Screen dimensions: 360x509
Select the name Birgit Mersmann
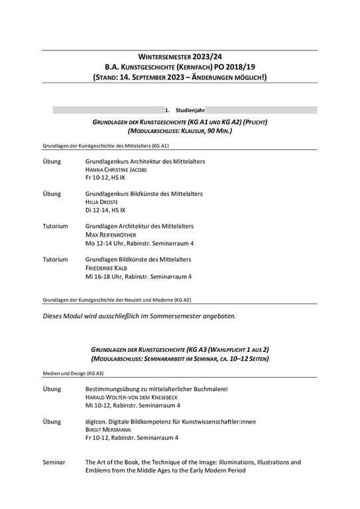pyautogui.click(x=110, y=429)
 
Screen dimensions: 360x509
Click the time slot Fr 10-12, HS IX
pyautogui.click(x=104, y=178)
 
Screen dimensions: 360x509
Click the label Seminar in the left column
pyautogui.click(x=54, y=462)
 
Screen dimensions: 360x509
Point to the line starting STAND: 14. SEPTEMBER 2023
pyautogui.click(x=180, y=78)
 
